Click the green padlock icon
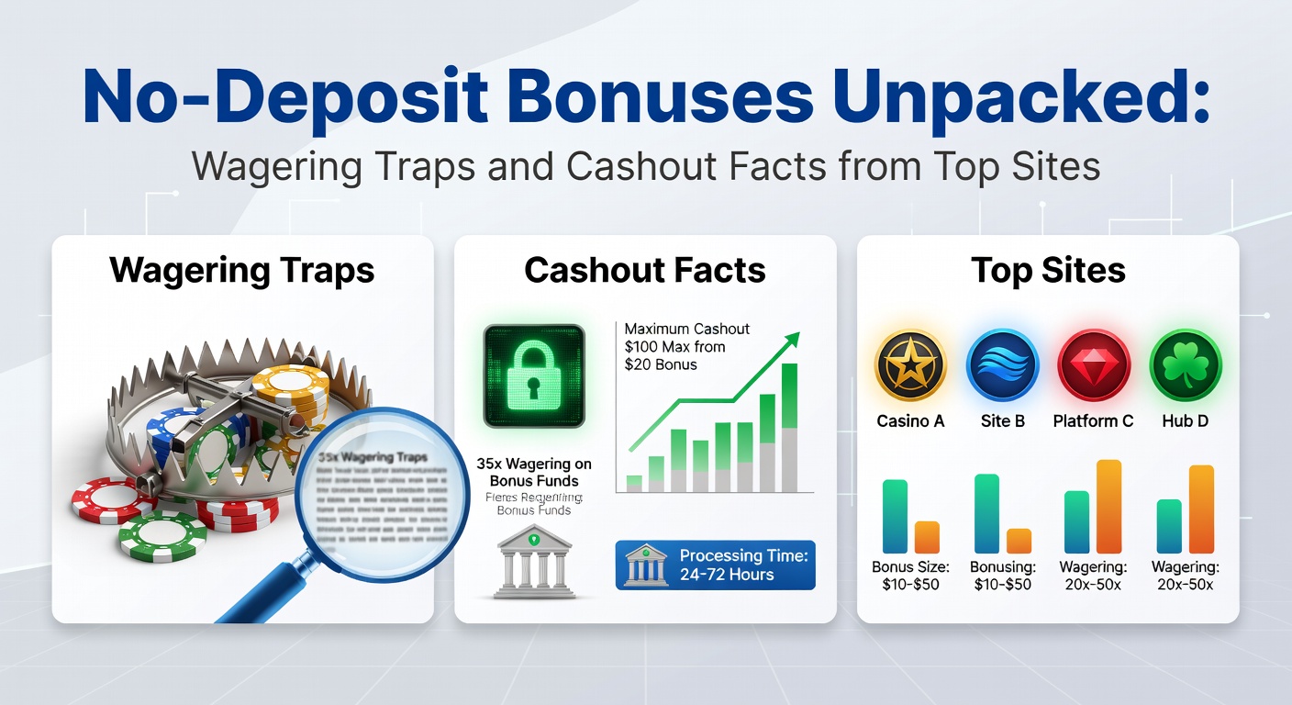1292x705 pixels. [534, 375]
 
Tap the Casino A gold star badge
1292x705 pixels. [910, 365]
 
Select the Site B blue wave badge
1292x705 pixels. [1002, 365]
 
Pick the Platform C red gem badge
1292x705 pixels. [1093, 365]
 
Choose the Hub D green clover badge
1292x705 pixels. [1185, 365]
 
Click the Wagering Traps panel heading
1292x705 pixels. [242, 271]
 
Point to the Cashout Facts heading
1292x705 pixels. [645, 271]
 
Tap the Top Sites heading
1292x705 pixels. [1048, 271]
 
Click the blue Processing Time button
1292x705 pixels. [715, 565]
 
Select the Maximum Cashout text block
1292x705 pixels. [674, 346]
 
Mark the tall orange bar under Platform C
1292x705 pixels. [1108, 507]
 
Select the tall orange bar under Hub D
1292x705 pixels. [1201, 509]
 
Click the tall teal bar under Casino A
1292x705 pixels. [895, 517]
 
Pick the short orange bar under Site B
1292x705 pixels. [1019, 541]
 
